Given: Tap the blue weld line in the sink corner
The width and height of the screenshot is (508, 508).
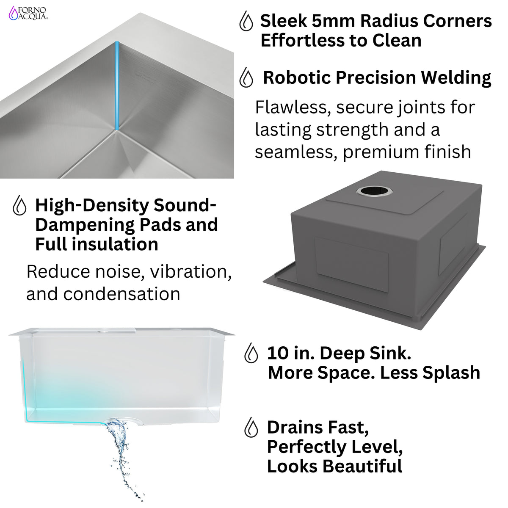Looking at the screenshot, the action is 117,86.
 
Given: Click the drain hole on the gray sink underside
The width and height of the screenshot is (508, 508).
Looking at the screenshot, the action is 374,191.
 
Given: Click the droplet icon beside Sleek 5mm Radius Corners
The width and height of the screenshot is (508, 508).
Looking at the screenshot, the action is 246,21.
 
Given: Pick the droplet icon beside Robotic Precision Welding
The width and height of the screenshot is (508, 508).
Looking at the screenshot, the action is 246,77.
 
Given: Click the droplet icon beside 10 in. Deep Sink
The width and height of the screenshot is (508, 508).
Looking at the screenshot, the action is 251,353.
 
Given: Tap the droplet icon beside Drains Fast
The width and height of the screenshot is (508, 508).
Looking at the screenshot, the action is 251,427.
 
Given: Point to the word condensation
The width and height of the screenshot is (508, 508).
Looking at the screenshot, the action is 121,294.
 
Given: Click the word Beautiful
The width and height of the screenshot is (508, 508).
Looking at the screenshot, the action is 362,466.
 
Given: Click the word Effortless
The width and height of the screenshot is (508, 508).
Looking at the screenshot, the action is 303,41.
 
